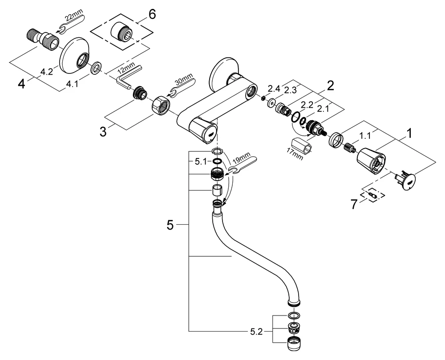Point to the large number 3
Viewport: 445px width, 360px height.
[104, 132]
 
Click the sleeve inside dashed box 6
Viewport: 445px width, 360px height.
[122, 33]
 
